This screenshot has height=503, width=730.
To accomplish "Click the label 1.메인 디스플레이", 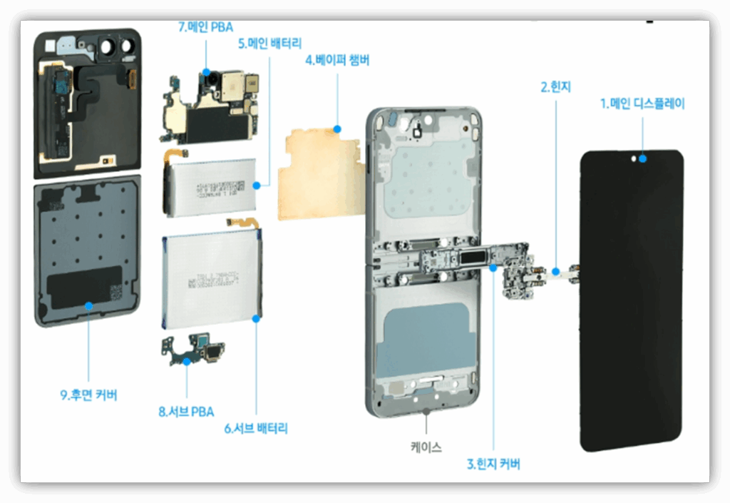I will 642,104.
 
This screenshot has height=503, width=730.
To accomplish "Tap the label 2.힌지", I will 555,88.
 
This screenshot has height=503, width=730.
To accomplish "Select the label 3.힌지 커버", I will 493,464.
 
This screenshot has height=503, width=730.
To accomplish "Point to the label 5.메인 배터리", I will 269,44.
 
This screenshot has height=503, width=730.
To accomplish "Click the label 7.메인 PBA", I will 205,27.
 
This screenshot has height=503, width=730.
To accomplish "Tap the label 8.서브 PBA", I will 186,412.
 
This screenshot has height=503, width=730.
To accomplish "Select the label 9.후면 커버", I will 88,395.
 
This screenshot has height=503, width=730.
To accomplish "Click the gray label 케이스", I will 426,448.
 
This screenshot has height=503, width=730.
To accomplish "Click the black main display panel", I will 632,300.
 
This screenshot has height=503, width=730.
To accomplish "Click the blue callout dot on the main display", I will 643,159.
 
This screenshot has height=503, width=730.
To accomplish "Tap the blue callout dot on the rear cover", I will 88,306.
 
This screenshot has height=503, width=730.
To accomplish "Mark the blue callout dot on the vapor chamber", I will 338,130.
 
